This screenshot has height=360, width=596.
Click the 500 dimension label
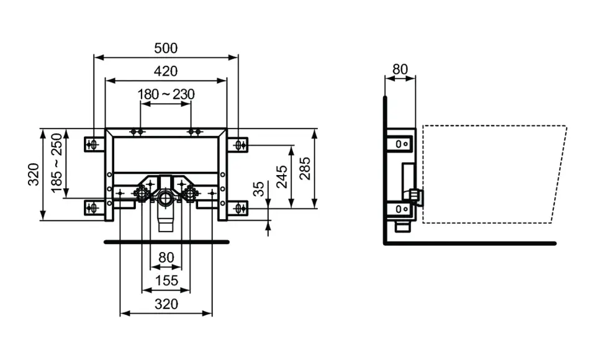pyautogui.click(x=166, y=48)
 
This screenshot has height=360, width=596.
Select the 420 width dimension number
pyautogui.click(x=166, y=71)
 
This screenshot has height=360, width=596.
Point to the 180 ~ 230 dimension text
pyautogui.click(x=166, y=94)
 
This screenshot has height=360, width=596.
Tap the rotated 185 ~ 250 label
pyautogui.click(x=58, y=163)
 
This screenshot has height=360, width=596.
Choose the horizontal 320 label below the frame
pyautogui.click(x=166, y=304)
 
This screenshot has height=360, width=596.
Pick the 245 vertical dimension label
pyautogui.click(x=282, y=177)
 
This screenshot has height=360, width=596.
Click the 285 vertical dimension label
pyautogui.click(x=305, y=168)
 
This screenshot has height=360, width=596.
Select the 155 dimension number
pyautogui.click(x=166, y=281)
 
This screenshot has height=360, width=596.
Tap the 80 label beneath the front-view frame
pyautogui.click(x=166, y=257)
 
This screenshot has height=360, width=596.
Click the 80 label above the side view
pyautogui.click(x=400, y=70)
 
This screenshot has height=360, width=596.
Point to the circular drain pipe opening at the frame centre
pyautogui.click(x=166, y=199)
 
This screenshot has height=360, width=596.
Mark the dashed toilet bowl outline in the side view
pyautogui.click(x=494, y=175)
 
